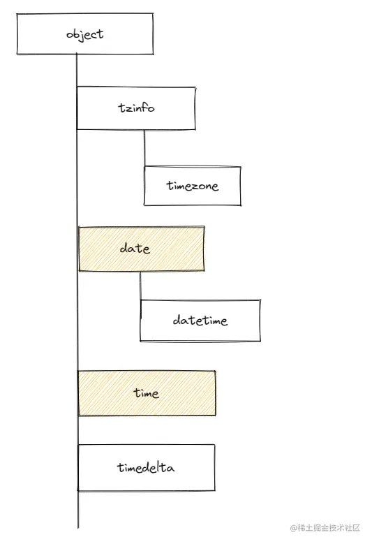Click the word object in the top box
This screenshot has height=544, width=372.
(85, 34)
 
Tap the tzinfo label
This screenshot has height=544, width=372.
(136, 108)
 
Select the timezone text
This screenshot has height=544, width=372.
(193, 186)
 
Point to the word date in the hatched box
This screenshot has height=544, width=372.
(135, 248)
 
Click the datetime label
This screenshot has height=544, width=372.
(200, 320)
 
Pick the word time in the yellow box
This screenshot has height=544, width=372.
(147, 392)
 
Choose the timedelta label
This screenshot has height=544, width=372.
(146, 467)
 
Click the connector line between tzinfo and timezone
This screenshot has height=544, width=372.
(144, 148)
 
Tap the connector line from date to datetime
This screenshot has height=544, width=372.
(140, 286)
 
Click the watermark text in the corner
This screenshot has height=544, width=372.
(325, 528)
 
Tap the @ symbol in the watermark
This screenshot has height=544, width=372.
(294, 529)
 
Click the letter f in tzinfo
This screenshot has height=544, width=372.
(145, 108)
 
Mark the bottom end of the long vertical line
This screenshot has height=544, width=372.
(78, 529)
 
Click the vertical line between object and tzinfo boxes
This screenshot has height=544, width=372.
(77, 71)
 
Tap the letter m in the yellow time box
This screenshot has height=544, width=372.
(147, 394)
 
